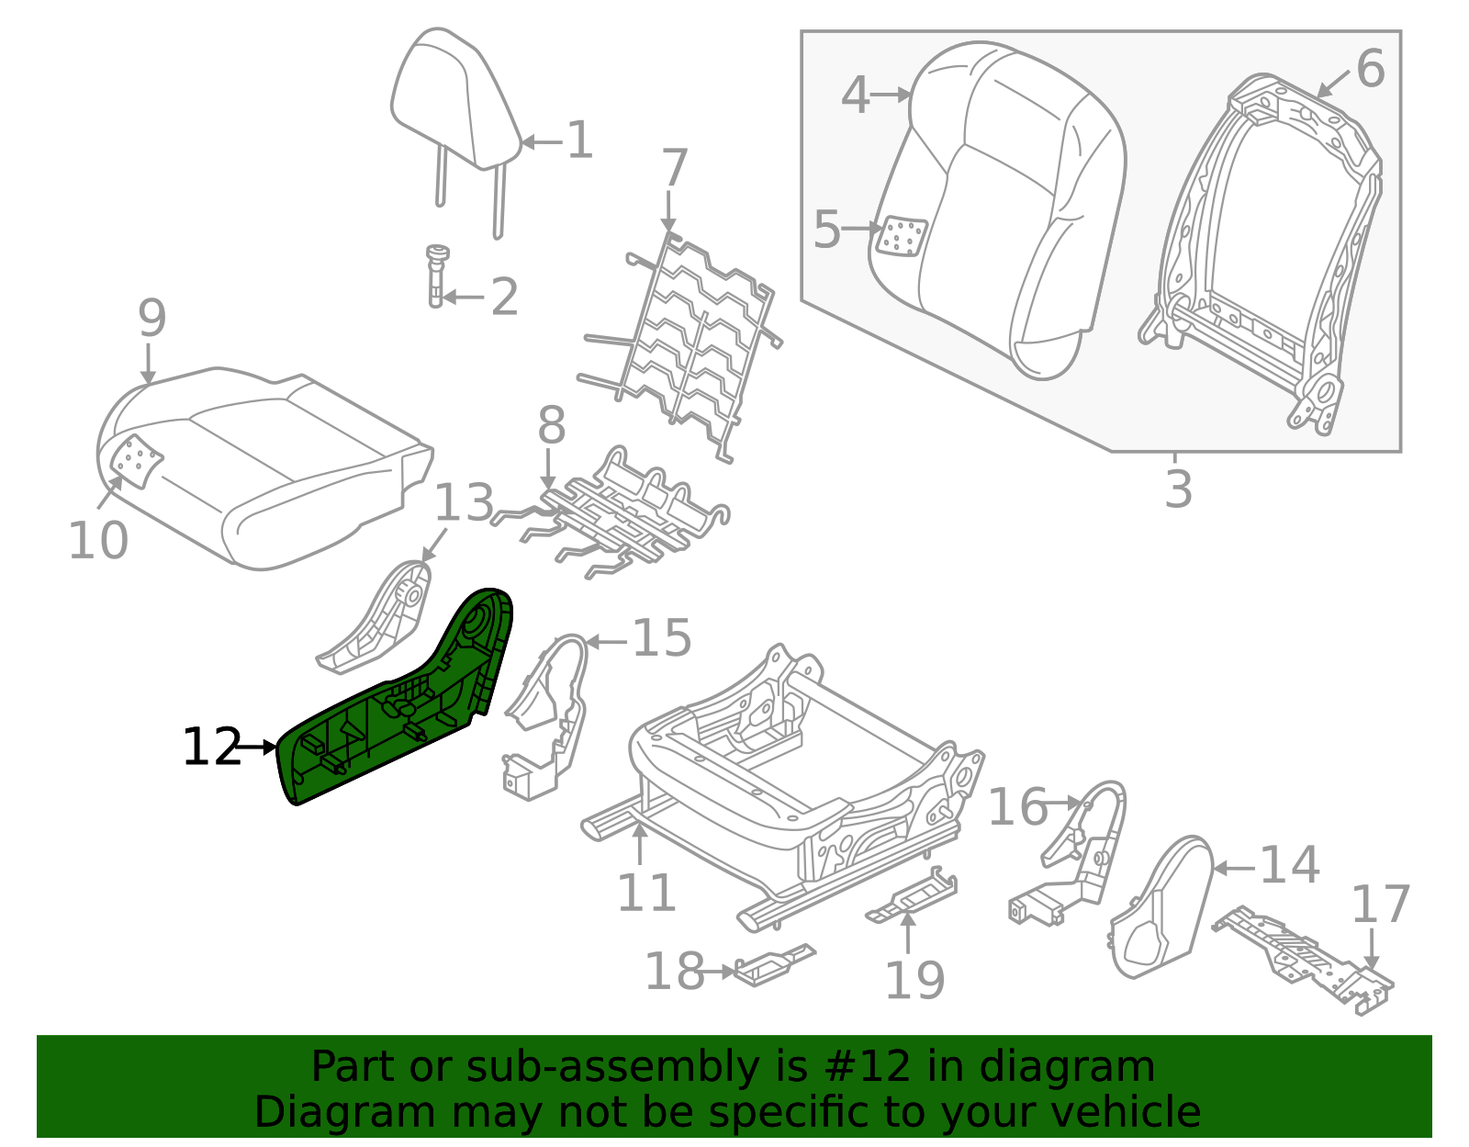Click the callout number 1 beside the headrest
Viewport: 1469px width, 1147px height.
point(579,141)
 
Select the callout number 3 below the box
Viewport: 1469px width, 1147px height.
point(1178,489)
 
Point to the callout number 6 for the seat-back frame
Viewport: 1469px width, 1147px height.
point(1370,69)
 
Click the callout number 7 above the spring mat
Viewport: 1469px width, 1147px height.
point(674,169)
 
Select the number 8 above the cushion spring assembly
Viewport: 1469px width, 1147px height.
point(551,426)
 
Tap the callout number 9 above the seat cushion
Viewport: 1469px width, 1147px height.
point(152,319)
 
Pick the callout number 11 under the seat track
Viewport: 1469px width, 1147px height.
point(646,893)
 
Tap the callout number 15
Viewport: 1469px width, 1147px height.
point(661,638)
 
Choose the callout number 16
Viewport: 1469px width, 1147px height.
point(1017,808)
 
